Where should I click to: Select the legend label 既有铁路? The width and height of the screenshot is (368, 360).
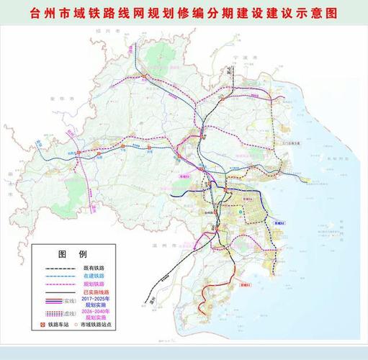coord(95,267)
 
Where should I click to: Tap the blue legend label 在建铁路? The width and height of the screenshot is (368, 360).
coord(95,276)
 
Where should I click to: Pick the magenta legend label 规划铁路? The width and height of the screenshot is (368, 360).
coord(95,284)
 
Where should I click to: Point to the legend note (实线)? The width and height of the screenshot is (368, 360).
coord(70,300)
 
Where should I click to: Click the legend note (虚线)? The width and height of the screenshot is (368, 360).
coord(70,314)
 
